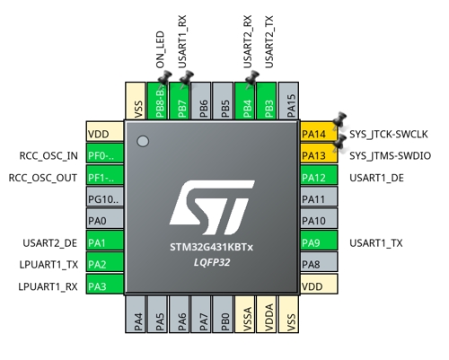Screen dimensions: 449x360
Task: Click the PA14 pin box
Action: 319,131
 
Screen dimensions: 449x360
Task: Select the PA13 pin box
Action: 319,154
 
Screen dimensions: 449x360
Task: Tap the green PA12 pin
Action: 319,175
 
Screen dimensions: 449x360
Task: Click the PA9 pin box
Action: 319,240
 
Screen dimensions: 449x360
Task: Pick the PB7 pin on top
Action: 180,101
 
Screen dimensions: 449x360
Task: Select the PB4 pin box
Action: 245,101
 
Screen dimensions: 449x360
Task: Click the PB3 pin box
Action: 267,101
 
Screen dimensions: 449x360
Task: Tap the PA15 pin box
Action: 288,101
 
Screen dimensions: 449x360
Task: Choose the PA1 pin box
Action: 105,240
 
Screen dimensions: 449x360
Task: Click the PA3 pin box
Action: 105,284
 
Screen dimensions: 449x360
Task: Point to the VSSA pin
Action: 245,314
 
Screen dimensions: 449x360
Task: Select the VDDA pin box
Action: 267,314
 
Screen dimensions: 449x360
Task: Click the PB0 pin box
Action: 223,314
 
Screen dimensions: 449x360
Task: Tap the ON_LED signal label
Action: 160,49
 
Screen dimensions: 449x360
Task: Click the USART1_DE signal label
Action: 376,178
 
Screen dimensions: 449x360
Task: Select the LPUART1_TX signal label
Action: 48,265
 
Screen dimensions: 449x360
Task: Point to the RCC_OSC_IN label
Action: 48,155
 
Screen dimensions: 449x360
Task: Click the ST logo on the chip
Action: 212,207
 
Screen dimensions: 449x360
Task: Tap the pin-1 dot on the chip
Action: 143,141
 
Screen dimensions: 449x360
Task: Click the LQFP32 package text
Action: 212,262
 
